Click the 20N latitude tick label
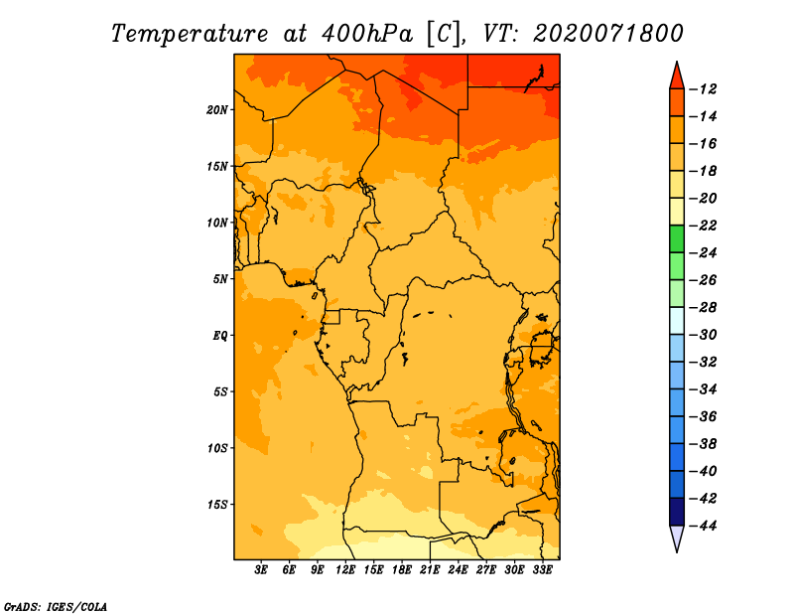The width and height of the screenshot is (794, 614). [217, 110]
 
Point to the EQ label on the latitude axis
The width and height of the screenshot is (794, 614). [219, 336]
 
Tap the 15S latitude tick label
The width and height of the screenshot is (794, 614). [217, 505]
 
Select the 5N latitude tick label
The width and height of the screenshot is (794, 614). [220, 279]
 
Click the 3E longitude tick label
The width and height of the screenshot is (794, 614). [261, 570]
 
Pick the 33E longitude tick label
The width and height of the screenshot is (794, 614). [542, 570]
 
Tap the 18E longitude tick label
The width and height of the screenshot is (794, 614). [402, 570]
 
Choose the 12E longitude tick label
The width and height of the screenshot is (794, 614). [345, 570]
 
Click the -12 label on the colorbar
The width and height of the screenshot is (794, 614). [703, 89]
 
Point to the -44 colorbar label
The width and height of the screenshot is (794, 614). [703, 526]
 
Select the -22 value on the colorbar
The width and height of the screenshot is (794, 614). [703, 226]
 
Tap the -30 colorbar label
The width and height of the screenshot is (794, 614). [703, 335]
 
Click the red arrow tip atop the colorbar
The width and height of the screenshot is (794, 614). [677, 62]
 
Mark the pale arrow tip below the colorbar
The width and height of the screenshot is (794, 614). [677, 551]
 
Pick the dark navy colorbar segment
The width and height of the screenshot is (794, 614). [677, 512]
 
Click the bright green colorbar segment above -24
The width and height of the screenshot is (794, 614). [677, 238]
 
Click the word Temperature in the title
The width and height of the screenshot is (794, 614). [190, 34]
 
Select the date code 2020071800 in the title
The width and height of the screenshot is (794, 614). [607, 34]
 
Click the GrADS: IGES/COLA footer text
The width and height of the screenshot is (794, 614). [56, 607]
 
